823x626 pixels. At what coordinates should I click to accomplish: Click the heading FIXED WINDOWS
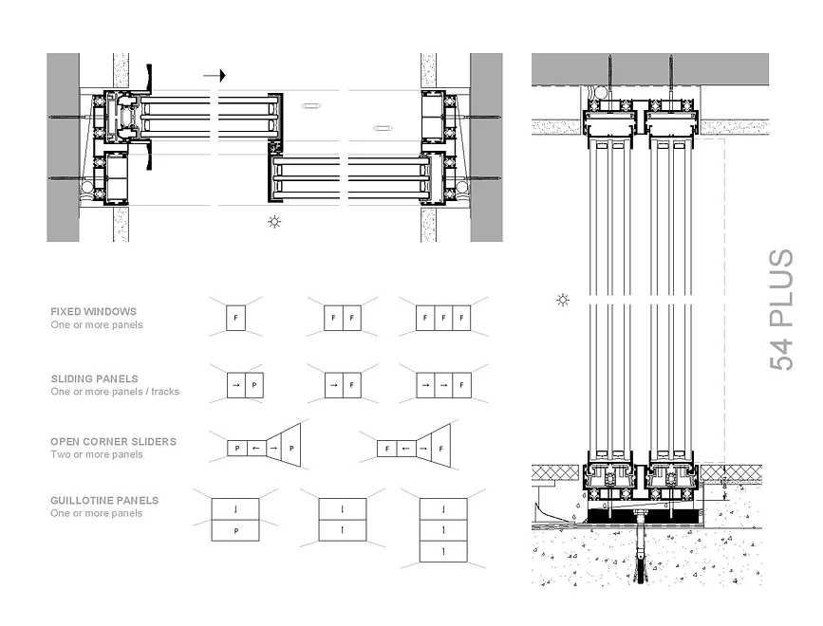tap(93, 311)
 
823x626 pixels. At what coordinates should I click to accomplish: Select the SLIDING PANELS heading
tap(94, 378)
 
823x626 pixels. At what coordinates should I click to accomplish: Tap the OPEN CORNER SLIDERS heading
tap(113, 441)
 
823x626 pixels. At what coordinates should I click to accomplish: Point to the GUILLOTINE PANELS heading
tap(104, 500)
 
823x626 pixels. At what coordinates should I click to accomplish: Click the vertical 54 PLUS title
tap(780, 310)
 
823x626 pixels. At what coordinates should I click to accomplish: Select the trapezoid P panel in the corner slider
tap(290, 447)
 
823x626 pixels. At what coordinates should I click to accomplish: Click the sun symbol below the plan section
tap(274, 223)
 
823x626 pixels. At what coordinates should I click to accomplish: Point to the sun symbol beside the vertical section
tap(563, 301)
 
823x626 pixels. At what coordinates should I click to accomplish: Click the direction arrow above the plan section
tap(215, 75)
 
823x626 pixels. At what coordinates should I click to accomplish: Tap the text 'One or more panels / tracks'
tap(115, 392)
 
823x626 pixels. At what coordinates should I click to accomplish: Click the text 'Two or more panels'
tap(97, 454)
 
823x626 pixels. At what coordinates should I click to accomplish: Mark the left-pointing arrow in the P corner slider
tap(254, 447)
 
